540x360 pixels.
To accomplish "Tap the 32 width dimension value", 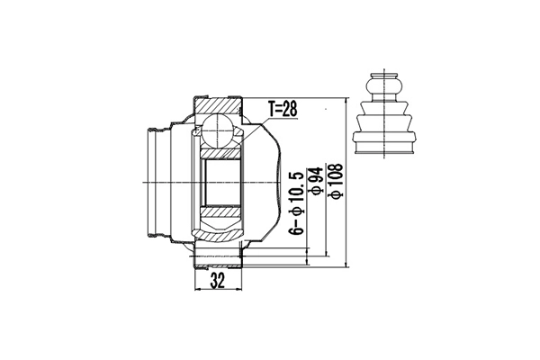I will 217,282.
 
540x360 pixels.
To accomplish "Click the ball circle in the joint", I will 217,131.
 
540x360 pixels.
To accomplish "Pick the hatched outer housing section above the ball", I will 217,103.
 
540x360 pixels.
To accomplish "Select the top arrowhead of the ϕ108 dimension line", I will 346,101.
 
